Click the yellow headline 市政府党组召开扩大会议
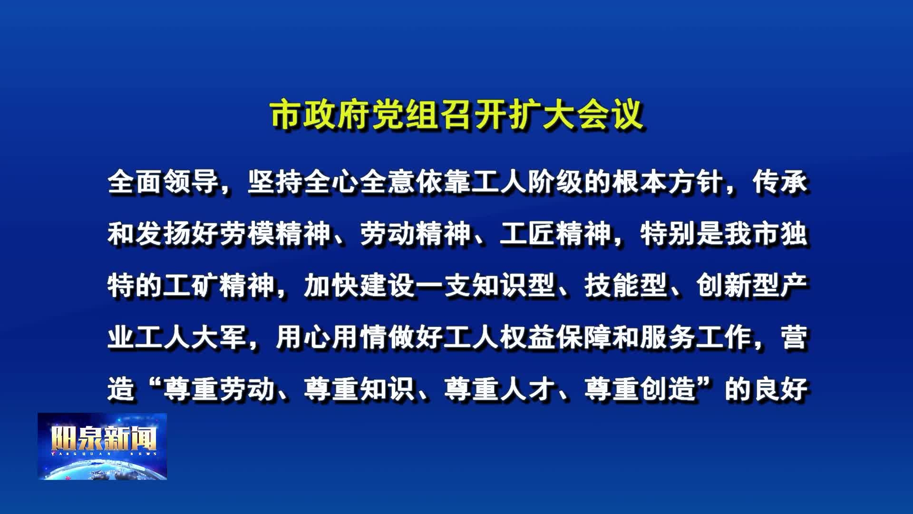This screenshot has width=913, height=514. click(x=456, y=115)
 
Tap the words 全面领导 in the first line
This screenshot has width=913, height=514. click(x=163, y=182)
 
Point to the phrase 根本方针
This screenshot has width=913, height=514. click(x=668, y=182)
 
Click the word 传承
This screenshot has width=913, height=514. click(x=780, y=182)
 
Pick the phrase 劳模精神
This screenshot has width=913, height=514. click(x=275, y=234)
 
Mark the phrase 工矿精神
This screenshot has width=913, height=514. click(x=219, y=286)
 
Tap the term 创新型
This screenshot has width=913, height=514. click(x=738, y=286)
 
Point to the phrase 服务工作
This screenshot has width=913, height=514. click(x=696, y=337)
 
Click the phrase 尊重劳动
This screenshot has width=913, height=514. click(x=219, y=389)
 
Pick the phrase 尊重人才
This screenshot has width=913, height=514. click(x=500, y=389)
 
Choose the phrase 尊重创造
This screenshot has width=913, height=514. click(x=640, y=389)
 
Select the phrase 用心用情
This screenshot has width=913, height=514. click(x=331, y=337)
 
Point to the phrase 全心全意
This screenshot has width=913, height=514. click(x=359, y=182)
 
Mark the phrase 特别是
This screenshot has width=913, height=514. click(x=682, y=234)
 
